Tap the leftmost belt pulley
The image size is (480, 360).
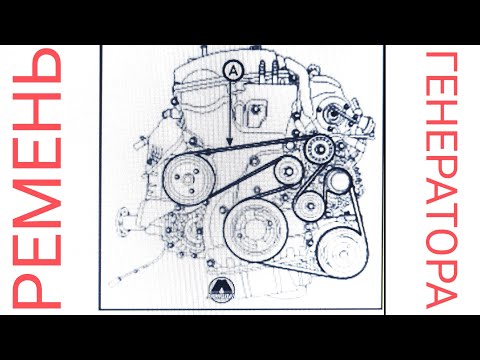click(x=189, y=180)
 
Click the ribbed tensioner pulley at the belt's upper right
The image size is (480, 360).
click(x=320, y=150)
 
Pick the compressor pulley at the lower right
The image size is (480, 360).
click(x=342, y=252)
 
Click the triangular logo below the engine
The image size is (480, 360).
click(x=222, y=289)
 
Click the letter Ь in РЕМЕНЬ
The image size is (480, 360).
click(x=37, y=65)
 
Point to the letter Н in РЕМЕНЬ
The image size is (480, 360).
click(x=37, y=111)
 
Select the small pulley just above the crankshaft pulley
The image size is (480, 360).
click(x=289, y=171)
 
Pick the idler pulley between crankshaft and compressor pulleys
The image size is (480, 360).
click(x=310, y=206)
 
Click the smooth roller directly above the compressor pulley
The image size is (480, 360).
click(x=338, y=180)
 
